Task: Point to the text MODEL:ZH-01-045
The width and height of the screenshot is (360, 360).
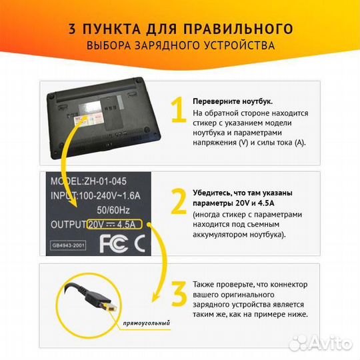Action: (x=89, y=181)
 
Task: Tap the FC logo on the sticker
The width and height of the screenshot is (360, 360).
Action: (x=111, y=244)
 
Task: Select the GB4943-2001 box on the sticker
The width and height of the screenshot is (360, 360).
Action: (x=69, y=245)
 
